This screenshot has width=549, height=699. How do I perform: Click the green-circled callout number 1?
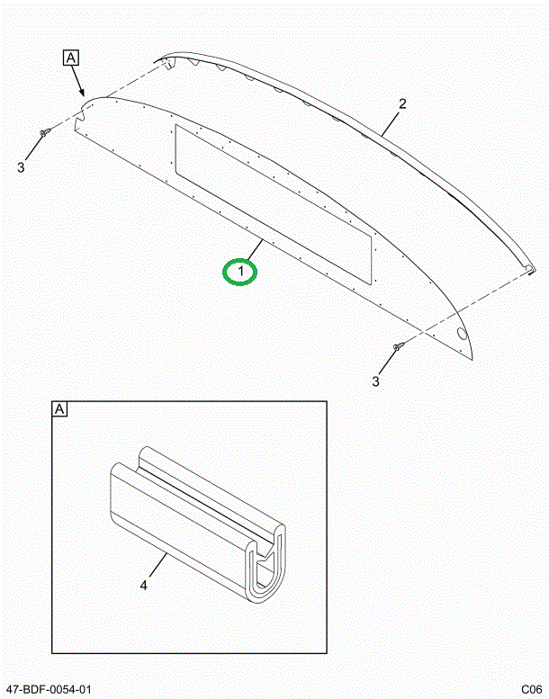coord(240,270)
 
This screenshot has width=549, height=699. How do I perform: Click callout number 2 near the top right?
coord(402,103)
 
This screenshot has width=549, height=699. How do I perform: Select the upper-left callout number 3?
coord(22,166)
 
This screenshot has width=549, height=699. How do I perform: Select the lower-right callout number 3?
coord(376,381)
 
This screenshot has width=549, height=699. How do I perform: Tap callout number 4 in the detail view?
coord(143,586)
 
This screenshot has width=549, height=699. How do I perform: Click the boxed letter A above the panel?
coord(71,58)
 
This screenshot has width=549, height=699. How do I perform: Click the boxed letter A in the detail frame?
coord(60,410)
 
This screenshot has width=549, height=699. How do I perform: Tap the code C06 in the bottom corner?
coord(529,689)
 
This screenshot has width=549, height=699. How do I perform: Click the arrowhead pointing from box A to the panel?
coord(83,94)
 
